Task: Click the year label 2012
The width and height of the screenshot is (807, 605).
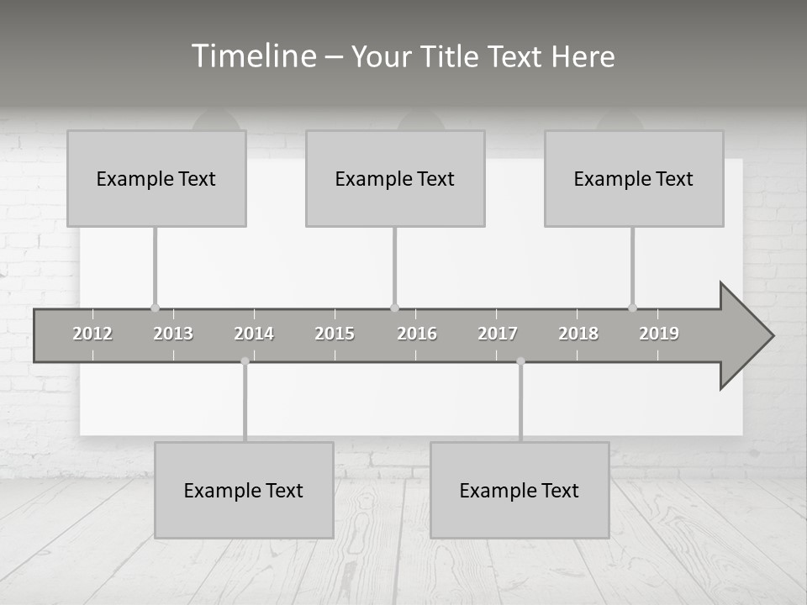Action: pos(92,334)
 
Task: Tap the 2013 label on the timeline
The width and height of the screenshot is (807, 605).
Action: pos(173,334)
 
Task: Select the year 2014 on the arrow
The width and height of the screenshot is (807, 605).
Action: pos(254,334)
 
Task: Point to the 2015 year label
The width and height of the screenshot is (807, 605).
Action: pos(335,334)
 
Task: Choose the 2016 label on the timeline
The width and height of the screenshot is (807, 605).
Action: pos(417,334)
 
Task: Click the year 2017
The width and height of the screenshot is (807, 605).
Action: pos(498,334)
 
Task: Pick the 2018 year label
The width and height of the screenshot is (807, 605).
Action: pos(578,334)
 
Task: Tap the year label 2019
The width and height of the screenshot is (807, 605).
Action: pos(659,334)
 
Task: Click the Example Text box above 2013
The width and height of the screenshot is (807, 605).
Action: pos(156,178)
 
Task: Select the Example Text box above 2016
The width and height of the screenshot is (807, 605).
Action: pos(395,178)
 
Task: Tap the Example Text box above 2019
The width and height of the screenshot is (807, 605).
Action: pos(634,178)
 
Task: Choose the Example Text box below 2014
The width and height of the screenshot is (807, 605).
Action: pos(244,490)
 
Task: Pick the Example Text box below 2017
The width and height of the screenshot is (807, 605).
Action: pos(520,490)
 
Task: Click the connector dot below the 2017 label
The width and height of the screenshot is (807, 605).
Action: pos(520,361)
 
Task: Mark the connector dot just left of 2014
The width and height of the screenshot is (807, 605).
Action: pos(245,361)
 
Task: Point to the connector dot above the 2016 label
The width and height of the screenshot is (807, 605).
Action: pos(394,308)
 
